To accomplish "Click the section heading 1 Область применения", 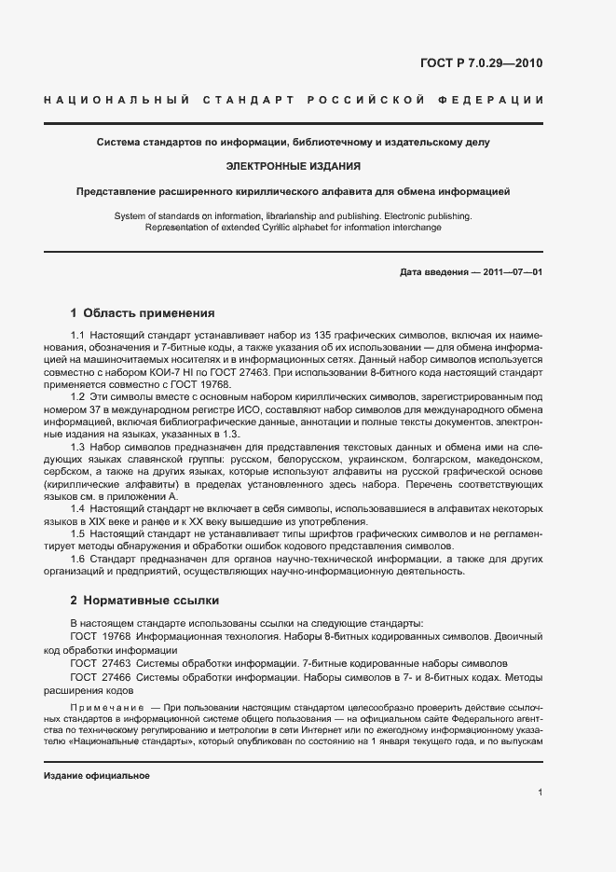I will (x=143, y=313).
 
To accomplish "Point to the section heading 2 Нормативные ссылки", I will (x=144, y=601).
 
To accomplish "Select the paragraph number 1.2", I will (x=78, y=397).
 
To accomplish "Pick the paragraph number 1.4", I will (x=78, y=509).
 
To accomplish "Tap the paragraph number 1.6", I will (x=78, y=559).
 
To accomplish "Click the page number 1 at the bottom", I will (x=541, y=793).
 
